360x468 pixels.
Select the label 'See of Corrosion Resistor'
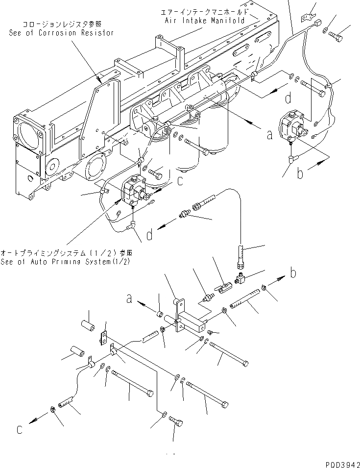pos(61,33)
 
